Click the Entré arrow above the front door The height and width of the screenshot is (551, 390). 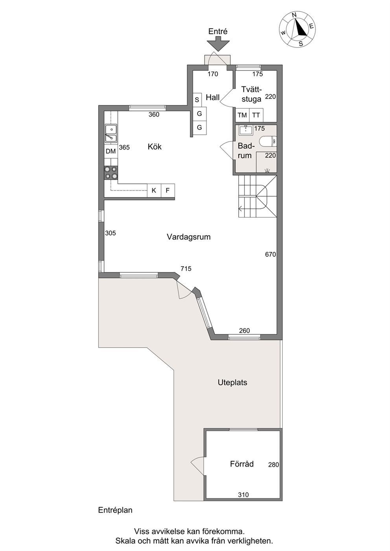point(218,44)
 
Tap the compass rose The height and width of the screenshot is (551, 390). point(297,29)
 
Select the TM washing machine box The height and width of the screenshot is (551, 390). point(243,115)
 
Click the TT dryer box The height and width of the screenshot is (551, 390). point(256,115)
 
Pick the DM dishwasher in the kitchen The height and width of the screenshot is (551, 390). point(111,151)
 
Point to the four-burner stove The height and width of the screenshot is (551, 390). point(111,172)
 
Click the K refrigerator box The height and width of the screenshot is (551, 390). point(154,190)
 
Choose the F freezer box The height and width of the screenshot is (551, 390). point(168,190)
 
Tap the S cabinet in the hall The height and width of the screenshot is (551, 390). point(197,100)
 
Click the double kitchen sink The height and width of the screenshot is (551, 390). point(111,133)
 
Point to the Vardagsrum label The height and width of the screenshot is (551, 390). point(189,237)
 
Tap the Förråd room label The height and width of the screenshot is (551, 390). point(242,464)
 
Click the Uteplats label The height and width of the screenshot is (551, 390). point(232,382)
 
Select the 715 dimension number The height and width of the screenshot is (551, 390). point(186,269)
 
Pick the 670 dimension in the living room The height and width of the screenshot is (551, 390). point(270,254)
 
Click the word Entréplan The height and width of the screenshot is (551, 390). point(115,511)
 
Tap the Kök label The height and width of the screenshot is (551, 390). point(155,146)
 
